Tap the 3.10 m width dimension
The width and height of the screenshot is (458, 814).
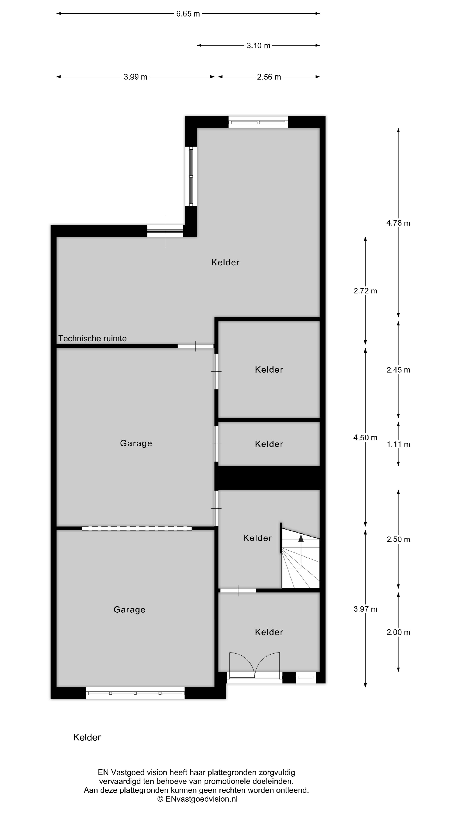(x=258, y=46)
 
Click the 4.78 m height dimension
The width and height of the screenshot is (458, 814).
(x=398, y=223)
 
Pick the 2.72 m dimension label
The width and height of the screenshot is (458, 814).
(x=365, y=291)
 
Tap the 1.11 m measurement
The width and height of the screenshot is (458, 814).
(x=398, y=444)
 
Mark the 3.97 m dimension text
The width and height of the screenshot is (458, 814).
(x=365, y=609)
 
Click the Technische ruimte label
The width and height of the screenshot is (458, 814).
(x=92, y=339)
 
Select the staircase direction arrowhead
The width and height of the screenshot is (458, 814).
(x=301, y=538)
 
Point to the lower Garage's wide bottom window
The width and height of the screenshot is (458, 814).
(x=135, y=693)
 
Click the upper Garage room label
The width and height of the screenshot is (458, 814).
(x=136, y=443)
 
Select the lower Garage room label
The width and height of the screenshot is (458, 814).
(x=130, y=610)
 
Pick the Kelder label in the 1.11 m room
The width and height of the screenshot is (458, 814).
(x=269, y=444)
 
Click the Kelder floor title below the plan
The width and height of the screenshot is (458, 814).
(x=87, y=737)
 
